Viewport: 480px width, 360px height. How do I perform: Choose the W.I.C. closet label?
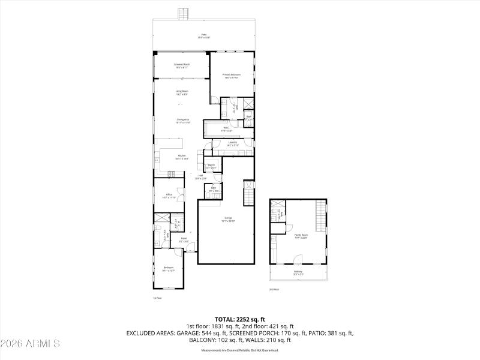(x=226, y=128)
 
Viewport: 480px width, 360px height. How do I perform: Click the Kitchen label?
(x=182, y=158)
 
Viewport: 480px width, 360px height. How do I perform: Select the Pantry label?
(x=211, y=166)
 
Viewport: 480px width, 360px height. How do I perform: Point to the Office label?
(x=169, y=196)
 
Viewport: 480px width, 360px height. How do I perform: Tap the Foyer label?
(x=184, y=240)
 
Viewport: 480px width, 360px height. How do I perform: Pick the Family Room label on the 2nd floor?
(x=301, y=236)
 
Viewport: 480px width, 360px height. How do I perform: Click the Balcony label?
(x=298, y=273)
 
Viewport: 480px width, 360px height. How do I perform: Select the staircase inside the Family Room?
(x=321, y=216)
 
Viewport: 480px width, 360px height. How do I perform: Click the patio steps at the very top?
(x=184, y=14)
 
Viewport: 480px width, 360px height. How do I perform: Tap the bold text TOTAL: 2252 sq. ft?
(x=239, y=319)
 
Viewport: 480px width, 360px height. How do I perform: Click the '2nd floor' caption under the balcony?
(x=274, y=289)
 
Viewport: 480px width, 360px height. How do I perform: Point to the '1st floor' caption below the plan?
(x=158, y=298)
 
